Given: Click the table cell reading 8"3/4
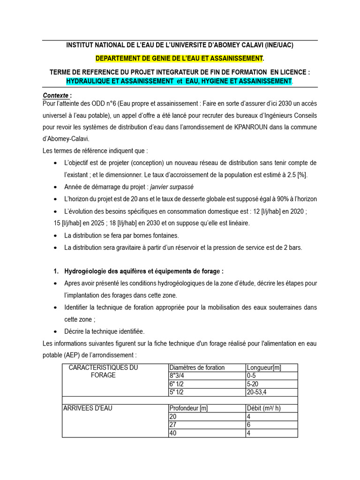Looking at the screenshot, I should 177,375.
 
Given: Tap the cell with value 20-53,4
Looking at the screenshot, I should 258,392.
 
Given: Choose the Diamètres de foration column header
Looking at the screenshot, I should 197,367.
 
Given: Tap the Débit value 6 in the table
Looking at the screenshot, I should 249,425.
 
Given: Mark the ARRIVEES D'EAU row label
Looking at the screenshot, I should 88,408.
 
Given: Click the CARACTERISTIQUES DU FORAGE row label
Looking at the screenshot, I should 103,371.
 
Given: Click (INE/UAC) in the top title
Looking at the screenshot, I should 279,45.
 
